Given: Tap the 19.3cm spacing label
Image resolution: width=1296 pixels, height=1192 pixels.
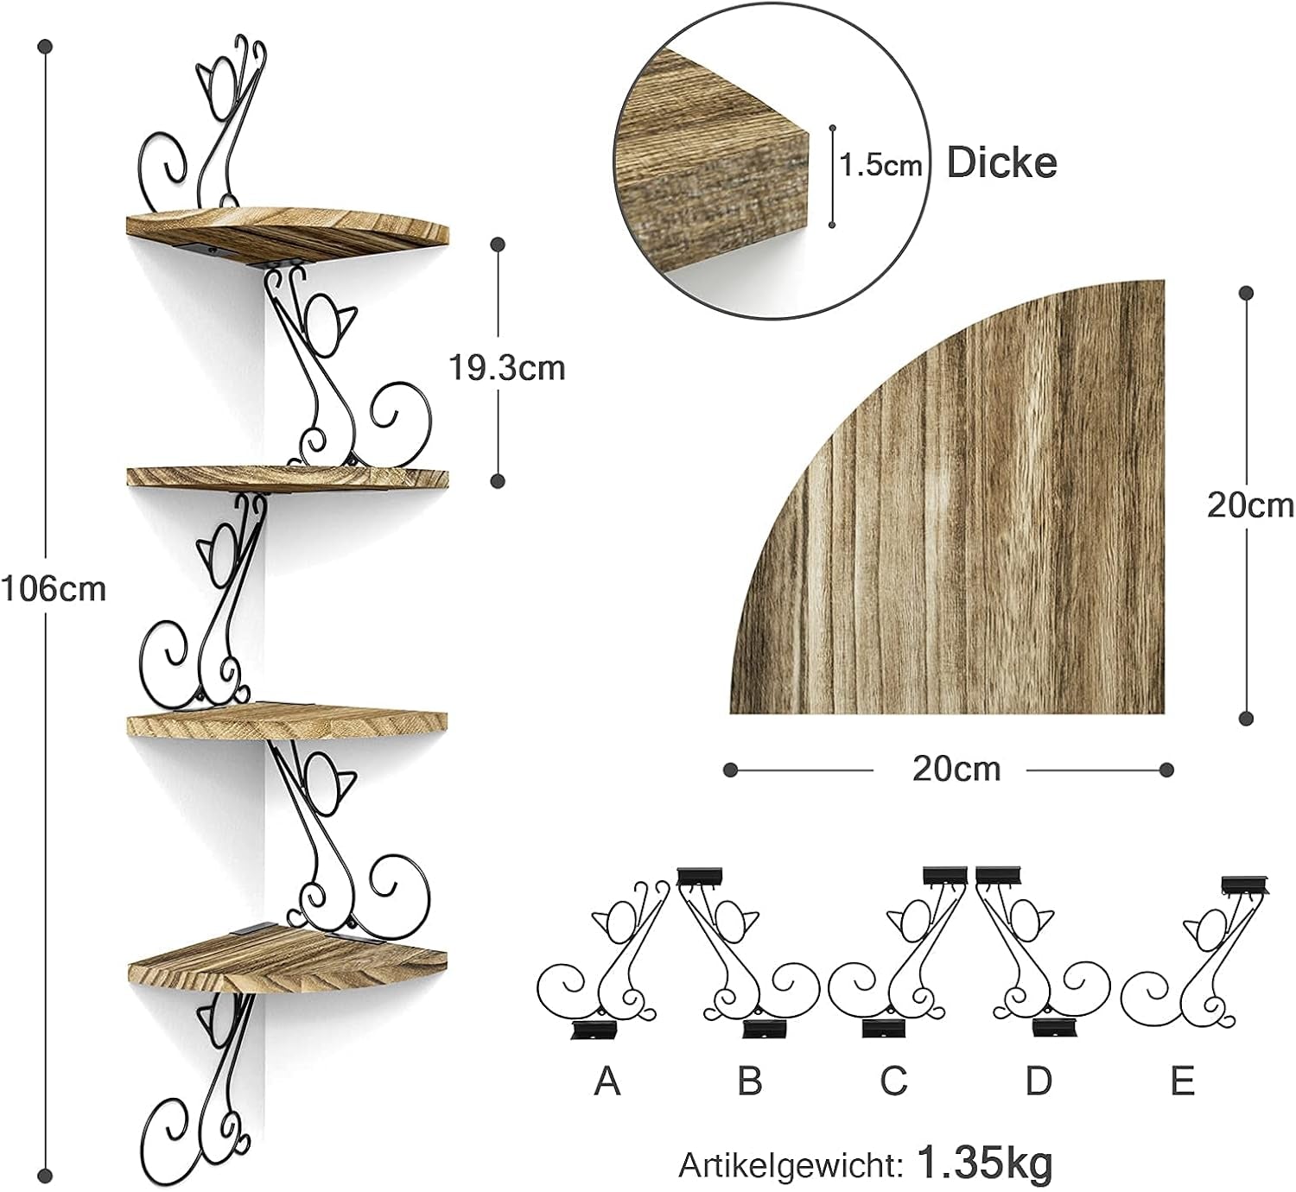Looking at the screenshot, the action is (x=507, y=368).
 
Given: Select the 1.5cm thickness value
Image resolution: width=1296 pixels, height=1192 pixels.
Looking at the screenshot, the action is (x=880, y=165).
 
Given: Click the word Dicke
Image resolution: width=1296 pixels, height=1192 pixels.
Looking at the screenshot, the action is (x=1002, y=162).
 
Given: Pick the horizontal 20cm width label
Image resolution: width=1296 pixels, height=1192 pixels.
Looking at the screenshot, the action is (x=956, y=770).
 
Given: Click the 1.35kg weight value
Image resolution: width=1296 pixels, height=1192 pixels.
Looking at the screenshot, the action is (x=985, y=1162).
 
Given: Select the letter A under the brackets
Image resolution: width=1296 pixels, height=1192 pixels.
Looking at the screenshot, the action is (x=607, y=1081).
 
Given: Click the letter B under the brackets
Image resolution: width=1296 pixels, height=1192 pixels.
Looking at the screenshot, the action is (x=749, y=1081).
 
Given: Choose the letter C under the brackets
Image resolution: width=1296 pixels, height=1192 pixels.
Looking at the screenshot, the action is (x=893, y=1081).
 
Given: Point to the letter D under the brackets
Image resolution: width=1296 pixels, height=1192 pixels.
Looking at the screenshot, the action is (x=1039, y=1081).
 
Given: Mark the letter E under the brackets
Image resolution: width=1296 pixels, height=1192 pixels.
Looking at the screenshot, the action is (x=1182, y=1081).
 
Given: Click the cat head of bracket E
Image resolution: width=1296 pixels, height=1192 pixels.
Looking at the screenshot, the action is (x=1208, y=929).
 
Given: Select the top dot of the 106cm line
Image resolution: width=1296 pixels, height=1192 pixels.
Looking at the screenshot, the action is (x=45, y=48).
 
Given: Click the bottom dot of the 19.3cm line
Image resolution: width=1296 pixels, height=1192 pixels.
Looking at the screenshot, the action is (x=498, y=480).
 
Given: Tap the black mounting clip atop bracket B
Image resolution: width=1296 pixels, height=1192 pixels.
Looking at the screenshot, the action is (x=700, y=876).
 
